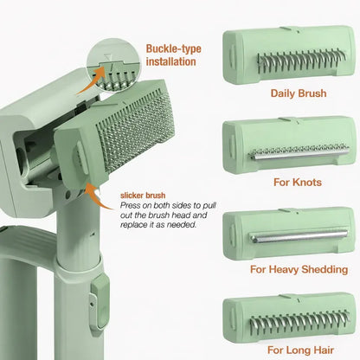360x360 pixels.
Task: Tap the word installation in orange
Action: [x=171, y=61]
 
